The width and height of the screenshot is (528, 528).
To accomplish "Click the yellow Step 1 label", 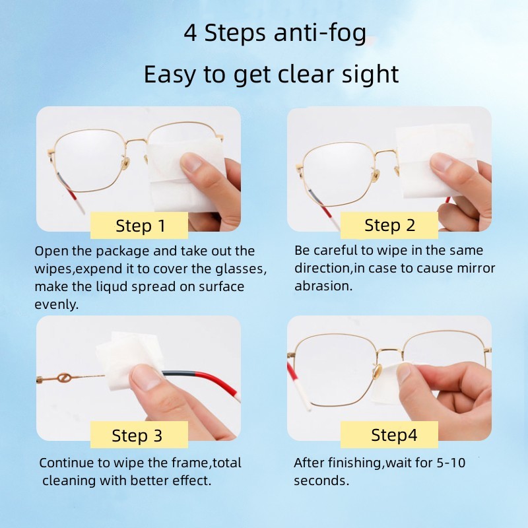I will pos(139,226).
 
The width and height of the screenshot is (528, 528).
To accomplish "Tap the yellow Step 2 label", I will pos(389,225).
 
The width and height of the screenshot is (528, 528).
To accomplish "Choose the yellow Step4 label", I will pos(394,435).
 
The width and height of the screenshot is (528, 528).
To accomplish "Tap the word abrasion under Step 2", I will pos(323,286).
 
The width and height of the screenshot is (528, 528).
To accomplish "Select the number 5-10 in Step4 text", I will pos(450,463).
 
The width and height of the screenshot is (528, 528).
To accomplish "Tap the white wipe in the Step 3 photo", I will pos(125,360).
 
